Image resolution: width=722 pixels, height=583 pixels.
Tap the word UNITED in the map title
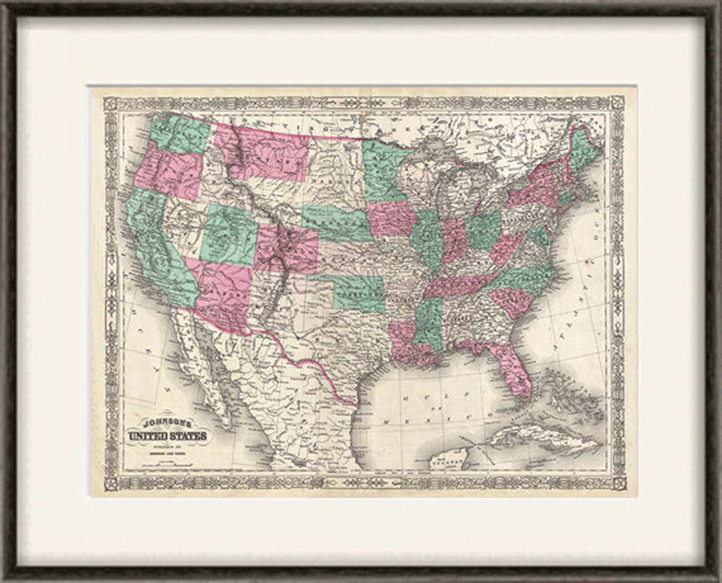click(x=150, y=437)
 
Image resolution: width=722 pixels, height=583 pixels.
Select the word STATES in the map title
click(x=189, y=437)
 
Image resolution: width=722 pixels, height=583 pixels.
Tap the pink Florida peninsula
click(x=515, y=371)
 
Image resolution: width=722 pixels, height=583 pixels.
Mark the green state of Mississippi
click(x=428, y=321)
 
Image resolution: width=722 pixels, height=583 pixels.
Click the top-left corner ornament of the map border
click(x=110, y=104)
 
